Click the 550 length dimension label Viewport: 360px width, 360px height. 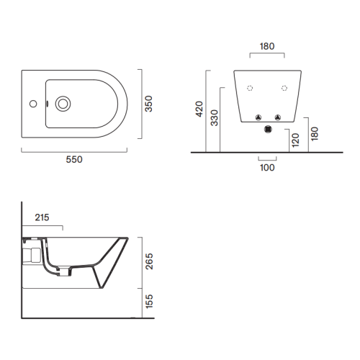[74, 160]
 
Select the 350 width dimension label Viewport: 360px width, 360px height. [148, 104]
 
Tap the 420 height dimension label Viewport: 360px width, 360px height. [199, 109]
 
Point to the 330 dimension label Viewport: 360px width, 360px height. [214, 118]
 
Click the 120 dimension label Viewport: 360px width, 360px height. [295, 140]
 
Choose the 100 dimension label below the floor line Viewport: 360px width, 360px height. [267, 168]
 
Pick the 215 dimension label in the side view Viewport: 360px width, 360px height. [42, 217]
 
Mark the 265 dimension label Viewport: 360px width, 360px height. [149, 261]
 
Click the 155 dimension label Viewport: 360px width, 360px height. [149, 301]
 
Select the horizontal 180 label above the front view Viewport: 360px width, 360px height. [267, 46]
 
